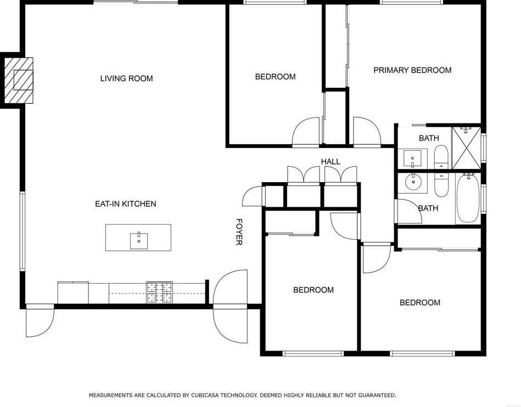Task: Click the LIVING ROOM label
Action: [126, 78]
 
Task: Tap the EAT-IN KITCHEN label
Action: [125, 204]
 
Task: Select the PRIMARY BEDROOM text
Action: [412, 70]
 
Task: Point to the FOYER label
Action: [239, 232]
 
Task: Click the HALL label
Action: [330, 161]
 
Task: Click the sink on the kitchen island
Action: [138, 240]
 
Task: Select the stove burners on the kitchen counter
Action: [159, 292]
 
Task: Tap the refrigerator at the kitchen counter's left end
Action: [73, 292]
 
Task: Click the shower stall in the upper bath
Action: [466, 147]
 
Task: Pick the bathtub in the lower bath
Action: [467, 199]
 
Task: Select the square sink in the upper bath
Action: [412, 158]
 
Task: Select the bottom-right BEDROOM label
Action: [419, 303]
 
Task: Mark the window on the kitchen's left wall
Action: [22, 230]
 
